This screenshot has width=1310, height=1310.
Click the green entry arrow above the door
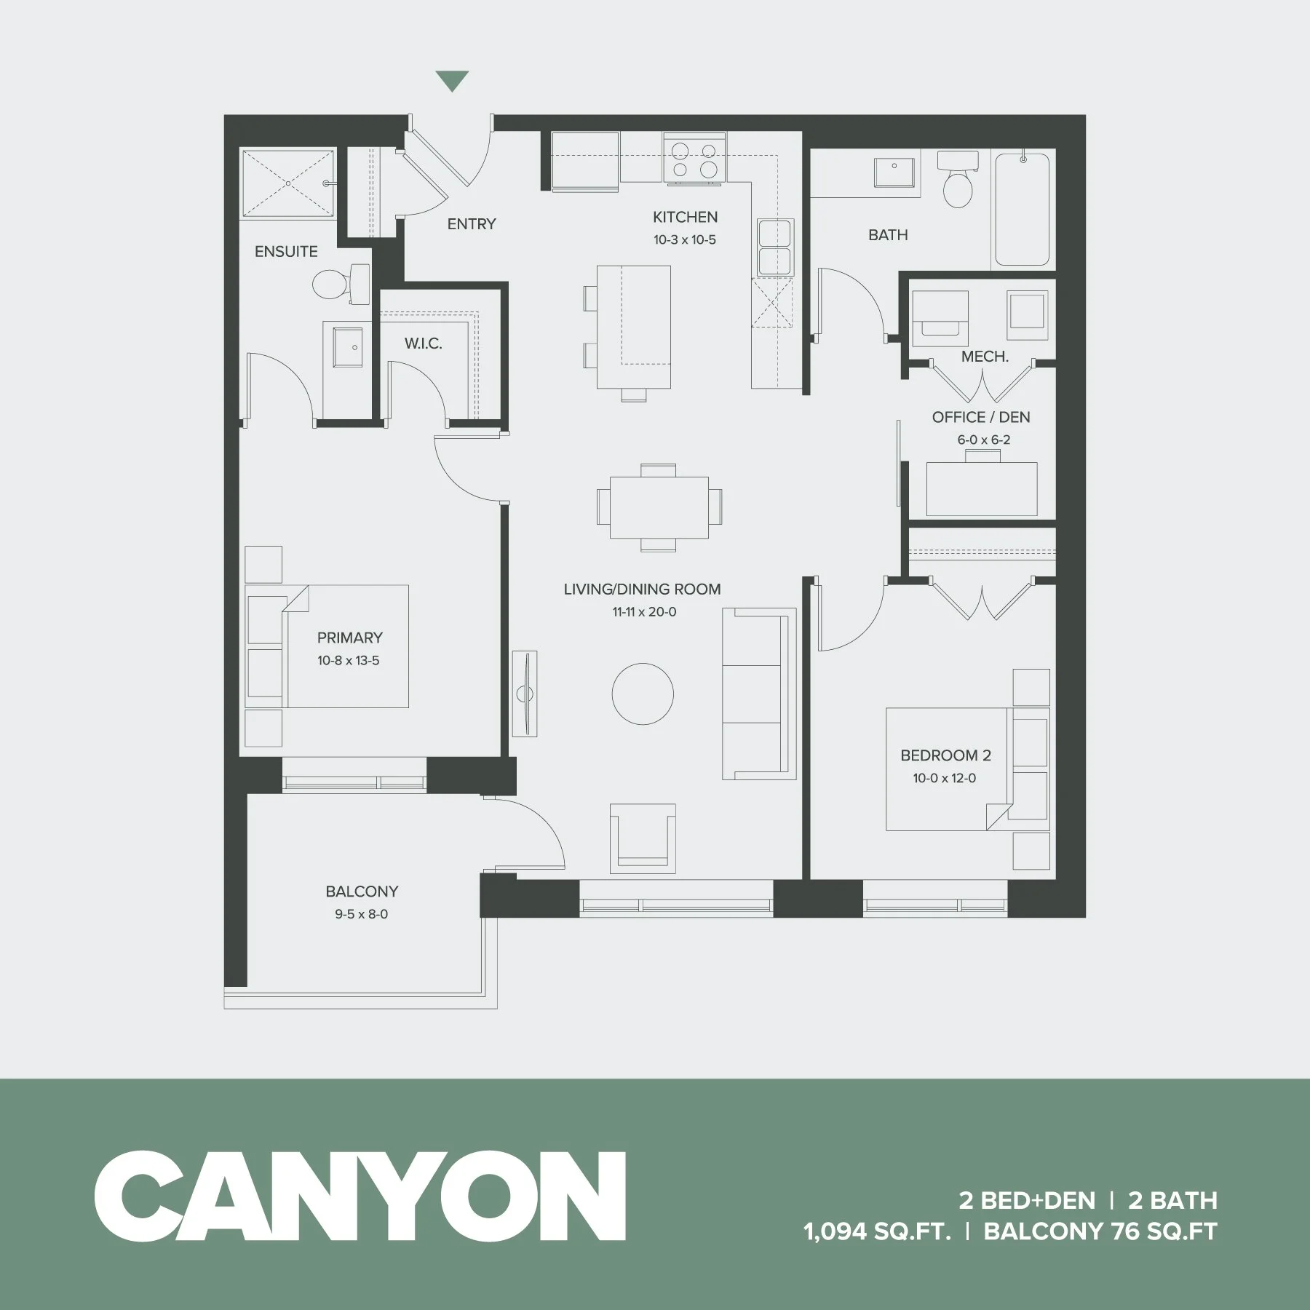(x=452, y=81)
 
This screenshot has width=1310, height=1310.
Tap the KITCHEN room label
(x=685, y=217)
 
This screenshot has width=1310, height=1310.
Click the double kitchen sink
(x=774, y=247)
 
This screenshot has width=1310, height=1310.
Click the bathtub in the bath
(x=1022, y=209)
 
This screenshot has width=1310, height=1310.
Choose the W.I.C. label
(x=423, y=344)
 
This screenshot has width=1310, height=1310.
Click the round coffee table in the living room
(x=643, y=694)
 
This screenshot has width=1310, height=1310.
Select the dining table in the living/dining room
(x=659, y=507)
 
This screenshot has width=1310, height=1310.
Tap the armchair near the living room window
(x=643, y=838)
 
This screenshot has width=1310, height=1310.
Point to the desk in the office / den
(x=982, y=488)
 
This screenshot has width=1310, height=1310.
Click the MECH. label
(x=985, y=357)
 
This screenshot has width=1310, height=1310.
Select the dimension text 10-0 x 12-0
(x=945, y=778)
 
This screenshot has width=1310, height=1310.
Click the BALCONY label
(x=362, y=892)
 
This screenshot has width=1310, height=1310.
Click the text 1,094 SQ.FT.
(x=877, y=1231)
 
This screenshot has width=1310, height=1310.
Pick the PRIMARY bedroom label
(x=349, y=638)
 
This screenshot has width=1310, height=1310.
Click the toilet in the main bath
(x=956, y=182)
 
